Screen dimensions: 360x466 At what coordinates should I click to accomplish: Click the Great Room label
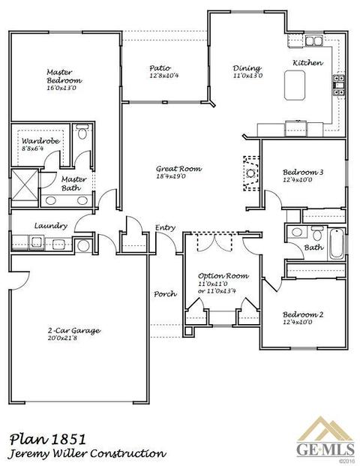[x=178, y=169]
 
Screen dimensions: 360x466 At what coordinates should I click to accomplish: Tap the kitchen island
[x=294, y=86]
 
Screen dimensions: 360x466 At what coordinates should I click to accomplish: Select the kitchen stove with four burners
[x=339, y=85]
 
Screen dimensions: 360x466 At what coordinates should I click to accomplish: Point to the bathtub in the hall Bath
[x=337, y=244]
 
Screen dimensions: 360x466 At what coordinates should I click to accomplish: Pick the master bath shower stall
[x=25, y=185]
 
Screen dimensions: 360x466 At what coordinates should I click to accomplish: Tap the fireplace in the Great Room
[x=251, y=173]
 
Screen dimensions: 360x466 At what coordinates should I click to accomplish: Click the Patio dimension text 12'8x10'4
[x=164, y=76]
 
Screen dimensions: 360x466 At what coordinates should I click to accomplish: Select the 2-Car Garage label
[x=74, y=330]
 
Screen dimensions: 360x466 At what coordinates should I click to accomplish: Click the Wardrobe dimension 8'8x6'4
[x=33, y=149]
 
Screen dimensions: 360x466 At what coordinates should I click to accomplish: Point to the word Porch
[x=166, y=294]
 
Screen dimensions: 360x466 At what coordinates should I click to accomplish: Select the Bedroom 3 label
[x=303, y=172]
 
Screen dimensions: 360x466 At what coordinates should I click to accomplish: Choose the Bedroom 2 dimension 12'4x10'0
[x=297, y=322]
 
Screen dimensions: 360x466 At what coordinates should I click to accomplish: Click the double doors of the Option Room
[x=214, y=242]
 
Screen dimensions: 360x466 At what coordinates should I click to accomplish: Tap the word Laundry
[x=51, y=226]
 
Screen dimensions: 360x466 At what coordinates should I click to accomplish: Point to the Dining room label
[x=247, y=68]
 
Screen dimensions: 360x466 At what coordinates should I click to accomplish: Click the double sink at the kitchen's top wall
[x=314, y=41]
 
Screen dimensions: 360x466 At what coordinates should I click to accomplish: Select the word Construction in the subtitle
[x=128, y=454]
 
